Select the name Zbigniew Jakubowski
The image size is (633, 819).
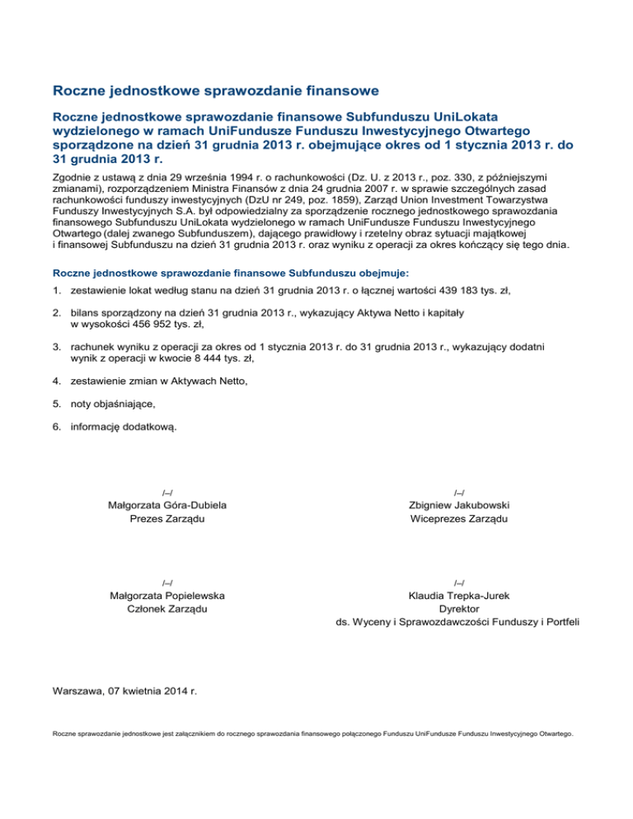click(458, 505)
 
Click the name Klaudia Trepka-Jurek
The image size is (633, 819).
click(458, 596)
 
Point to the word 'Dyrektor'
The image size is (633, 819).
click(458, 609)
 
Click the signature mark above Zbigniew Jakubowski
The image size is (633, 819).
click(458, 492)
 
